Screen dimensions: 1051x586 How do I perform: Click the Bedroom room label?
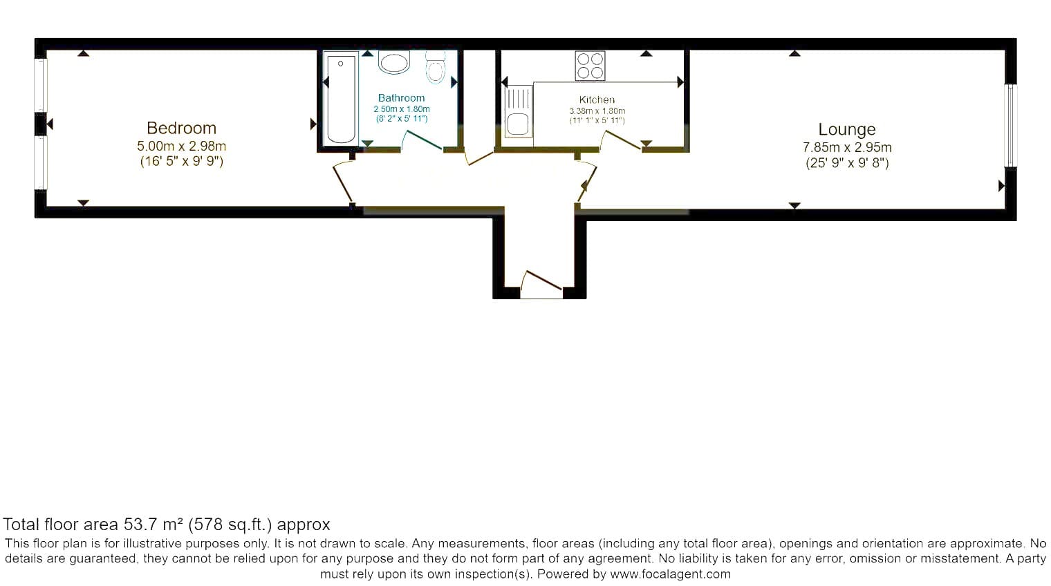pyautogui.click(x=181, y=128)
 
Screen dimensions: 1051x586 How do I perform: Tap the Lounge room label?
pyautogui.click(x=847, y=129)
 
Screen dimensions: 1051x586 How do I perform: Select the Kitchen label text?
pyautogui.click(x=597, y=100)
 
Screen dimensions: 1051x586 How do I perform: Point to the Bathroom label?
pyautogui.click(x=401, y=98)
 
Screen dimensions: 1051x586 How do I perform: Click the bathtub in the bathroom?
pyautogui.click(x=341, y=100)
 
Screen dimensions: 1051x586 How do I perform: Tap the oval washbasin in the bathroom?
pyautogui.click(x=394, y=62)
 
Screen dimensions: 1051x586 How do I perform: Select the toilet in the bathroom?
pyautogui.click(x=436, y=68)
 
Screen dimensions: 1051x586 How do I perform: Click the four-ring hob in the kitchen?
pyautogui.click(x=590, y=66)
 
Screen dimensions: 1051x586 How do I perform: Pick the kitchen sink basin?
pyautogui.click(x=518, y=124)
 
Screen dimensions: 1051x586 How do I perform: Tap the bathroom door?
pyautogui.click(x=421, y=141)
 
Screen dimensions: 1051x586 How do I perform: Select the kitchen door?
pyautogui.click(x=620, y=141)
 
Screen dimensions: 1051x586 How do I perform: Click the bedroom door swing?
pyautogui.click(x=344, y=183)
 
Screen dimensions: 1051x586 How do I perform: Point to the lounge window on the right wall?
pyautogui.click(x=1010, y=126)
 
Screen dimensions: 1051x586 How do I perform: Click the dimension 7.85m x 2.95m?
pyautogui.click(x=847, y=148)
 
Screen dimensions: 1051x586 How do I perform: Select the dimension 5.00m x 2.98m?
pyautogui.click(x=182, y=146)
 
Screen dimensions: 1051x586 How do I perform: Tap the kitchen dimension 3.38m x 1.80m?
pyautogui.click(x=597, y=111)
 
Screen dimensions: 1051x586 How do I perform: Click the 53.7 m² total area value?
pyautogui.click(x=153, y=524)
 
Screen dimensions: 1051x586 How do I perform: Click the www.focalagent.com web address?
pyautogui.click(x=671, y=574)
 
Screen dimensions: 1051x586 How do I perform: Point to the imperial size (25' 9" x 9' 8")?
pyautogui.click(x=848, y=163)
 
